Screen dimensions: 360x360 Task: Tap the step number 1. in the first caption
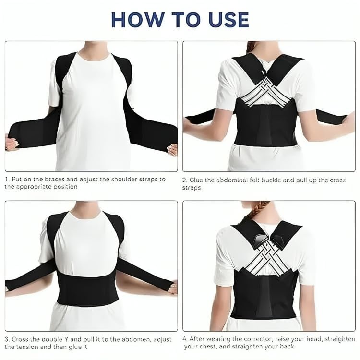(x=7, y=179)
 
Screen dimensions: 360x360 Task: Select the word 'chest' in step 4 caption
(x=225, y=347)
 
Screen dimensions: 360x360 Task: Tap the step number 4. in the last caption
(x=185, y=339)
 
